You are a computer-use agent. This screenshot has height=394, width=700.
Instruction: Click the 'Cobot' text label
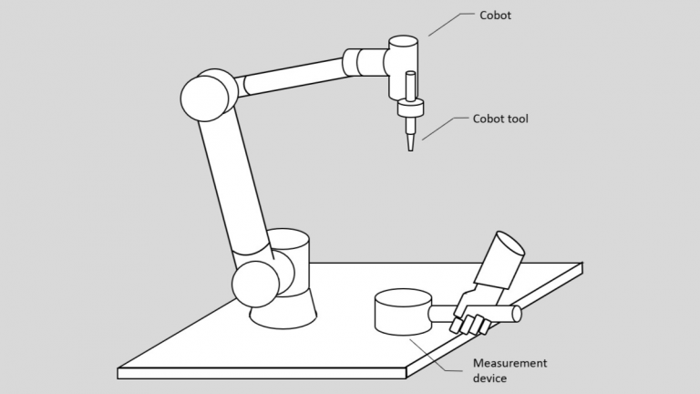[x=497, y=15]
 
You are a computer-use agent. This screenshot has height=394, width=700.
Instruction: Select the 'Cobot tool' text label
[x=500, y=119]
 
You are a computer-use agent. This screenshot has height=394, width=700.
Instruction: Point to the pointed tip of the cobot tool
[x=409, y=149]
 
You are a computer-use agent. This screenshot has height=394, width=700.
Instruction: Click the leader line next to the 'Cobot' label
[x=448, y=25]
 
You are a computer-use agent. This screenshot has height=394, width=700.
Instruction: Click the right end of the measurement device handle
[x=517, y=314]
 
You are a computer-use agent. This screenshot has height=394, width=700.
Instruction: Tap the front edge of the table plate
[x=264, y=372]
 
